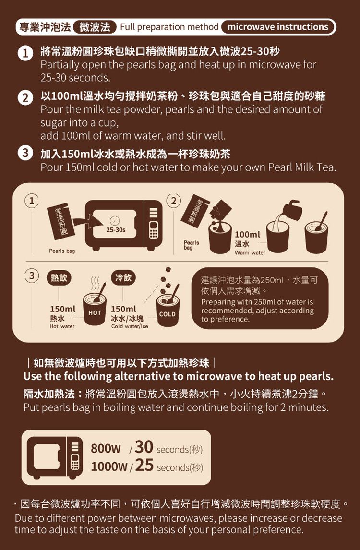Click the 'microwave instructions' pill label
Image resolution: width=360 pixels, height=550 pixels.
pos(278,27)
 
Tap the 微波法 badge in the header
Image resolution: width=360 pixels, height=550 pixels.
pos(95,27)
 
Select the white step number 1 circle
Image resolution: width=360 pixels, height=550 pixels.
pos(25,54)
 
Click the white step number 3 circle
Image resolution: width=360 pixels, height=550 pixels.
pos(25,154)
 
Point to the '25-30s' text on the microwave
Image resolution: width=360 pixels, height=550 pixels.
pos(115,230)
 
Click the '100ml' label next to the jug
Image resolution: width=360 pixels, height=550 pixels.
pos(247,234)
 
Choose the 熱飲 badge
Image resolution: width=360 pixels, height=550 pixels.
pos(59,278)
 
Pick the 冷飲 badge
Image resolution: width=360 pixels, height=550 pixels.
pos(123,278)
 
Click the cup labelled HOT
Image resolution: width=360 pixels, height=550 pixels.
pos(95,309)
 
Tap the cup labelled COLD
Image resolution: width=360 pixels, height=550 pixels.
pos(168,310)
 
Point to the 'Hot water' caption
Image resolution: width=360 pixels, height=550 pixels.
pos(62,326)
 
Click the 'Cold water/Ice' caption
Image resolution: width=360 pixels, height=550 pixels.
pos(130,326)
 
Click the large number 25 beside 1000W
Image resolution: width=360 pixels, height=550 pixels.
pos(144,465)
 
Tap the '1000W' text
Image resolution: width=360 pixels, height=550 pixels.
pos(109,466)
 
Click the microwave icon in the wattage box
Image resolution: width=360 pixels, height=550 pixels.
pos(55,458)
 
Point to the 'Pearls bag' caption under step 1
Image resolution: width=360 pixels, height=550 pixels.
pos(62,251)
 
